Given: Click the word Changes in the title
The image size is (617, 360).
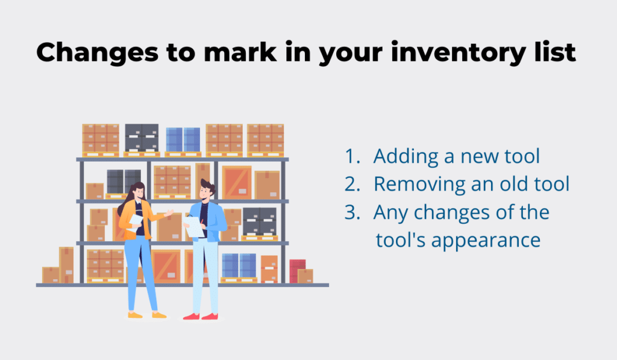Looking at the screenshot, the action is coord(97,53).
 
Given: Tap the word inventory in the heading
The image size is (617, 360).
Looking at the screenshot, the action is coord(458,53).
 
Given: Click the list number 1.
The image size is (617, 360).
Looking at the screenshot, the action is coord(352,156).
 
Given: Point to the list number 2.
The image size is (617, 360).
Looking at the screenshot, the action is coord(352,185).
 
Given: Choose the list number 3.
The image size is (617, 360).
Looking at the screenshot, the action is coord(352,212).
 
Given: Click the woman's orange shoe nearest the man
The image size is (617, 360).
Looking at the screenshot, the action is coord(159,315).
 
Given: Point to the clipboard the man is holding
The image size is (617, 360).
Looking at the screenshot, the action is coord(195,227).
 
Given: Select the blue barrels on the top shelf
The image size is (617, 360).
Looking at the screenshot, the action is coord(183,140).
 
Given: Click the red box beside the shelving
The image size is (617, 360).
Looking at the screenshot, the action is coord(297,270).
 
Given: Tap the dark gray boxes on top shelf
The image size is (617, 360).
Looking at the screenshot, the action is coord(142,138).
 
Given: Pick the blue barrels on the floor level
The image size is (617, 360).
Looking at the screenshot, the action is coord(239,266).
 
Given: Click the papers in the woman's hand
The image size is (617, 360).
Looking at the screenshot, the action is coord(136,222).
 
